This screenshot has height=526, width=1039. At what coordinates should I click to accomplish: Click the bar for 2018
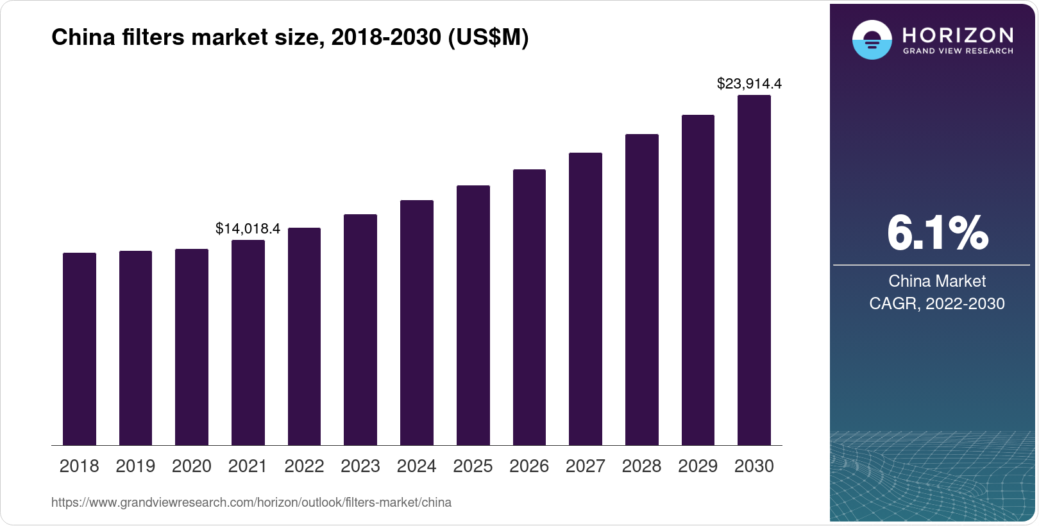[x=80, y=349]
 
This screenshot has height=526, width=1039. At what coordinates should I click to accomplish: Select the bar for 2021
[x=248, y=343]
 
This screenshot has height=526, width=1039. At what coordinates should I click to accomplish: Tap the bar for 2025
[x=473, y=316]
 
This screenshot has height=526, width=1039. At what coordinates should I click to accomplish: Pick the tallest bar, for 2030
[x=754, y=270]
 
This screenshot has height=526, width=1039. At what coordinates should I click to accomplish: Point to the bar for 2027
[x=585, y=299]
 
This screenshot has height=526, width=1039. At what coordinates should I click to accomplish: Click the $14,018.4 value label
[x=248, y=229]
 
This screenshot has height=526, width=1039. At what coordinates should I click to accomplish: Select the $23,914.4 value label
[x=749, y=84]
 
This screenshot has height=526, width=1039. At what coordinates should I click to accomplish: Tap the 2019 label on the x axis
[x=135, y=466]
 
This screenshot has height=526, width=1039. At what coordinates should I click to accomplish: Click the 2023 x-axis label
[x=360, y=466]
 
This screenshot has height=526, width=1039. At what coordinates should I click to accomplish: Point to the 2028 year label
[x=641, y=466]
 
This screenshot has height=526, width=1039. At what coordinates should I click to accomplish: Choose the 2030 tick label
[x=754, y=466]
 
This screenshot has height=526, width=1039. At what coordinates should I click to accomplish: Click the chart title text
[x=290, y=38]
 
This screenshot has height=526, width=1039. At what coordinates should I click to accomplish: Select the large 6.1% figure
[x=937, y=233]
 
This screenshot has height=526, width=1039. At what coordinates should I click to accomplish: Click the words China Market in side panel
[x=937, y=281]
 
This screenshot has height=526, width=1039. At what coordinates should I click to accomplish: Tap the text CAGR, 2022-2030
[x=937, y=303]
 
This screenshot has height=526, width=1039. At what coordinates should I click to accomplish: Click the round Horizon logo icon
[x=872, y=40]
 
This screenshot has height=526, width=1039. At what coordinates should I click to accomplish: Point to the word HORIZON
[x=958, y=35]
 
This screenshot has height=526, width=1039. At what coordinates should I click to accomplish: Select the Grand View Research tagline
[x=958, y=51]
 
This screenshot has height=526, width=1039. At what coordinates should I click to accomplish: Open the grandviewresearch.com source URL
[x=251, y=502]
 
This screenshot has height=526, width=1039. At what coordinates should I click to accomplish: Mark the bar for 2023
[x=360, y=330]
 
